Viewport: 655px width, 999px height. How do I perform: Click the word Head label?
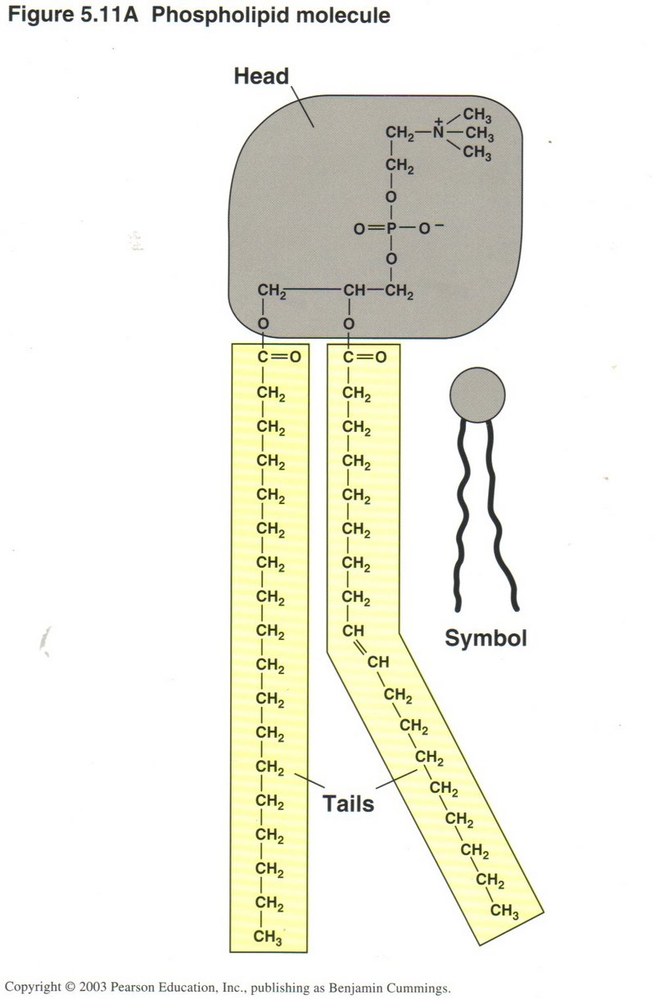coord(261,76)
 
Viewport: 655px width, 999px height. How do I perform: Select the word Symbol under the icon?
coord(486,637)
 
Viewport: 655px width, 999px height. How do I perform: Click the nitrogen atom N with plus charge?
coord(438,131)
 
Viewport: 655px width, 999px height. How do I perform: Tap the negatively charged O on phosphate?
coord(425,229)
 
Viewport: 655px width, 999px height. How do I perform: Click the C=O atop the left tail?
coord(278,357)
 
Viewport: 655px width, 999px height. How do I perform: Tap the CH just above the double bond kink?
coord(353,631)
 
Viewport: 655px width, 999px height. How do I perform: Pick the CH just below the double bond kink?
coord(377,661)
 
